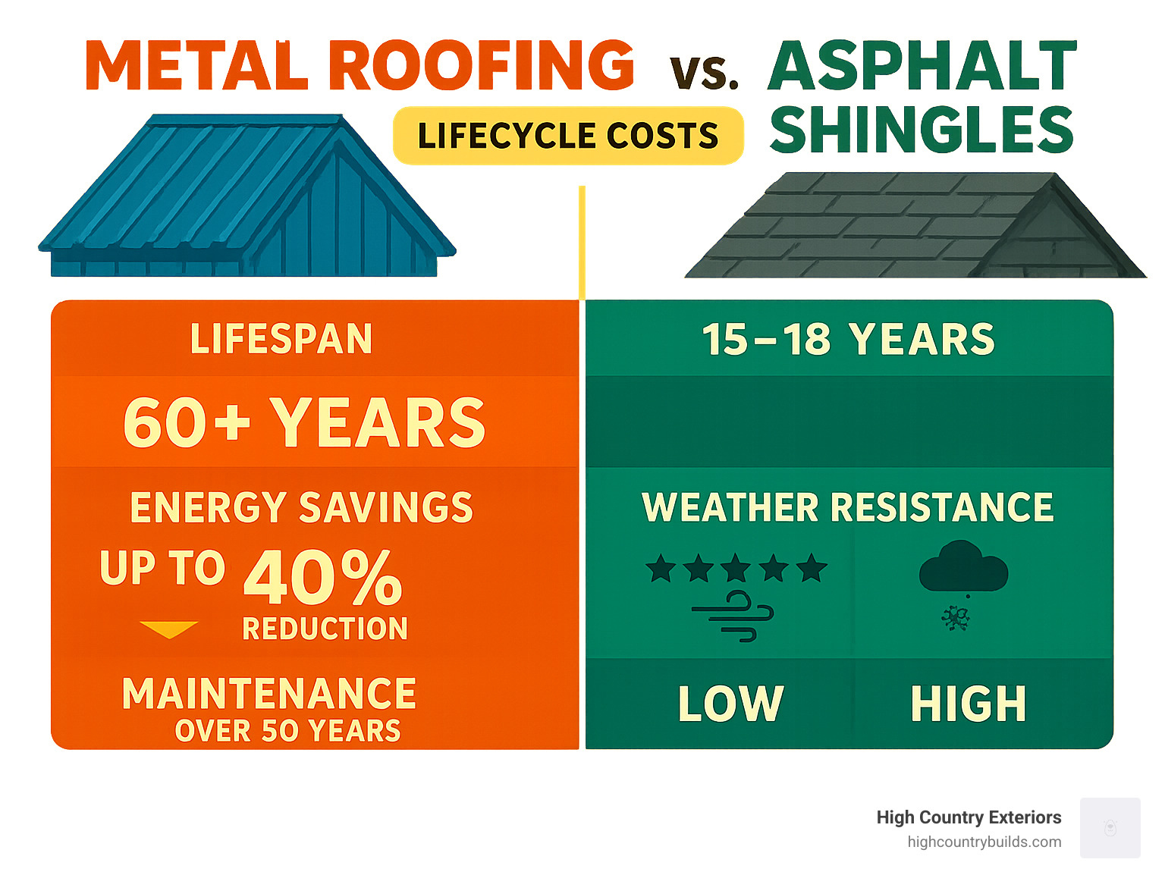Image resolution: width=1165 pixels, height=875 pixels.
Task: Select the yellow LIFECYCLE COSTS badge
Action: [x=568, y=136]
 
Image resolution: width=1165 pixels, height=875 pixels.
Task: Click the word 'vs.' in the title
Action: [x=704, y=74]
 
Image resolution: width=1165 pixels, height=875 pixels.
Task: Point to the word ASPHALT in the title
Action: [x=922, y=66]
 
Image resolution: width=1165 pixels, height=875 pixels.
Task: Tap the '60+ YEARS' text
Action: [x=303, y=422]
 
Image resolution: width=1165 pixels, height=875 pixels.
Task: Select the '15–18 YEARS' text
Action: [x=848, y=339]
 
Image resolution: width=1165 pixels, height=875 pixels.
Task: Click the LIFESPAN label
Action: [x=281, y=338]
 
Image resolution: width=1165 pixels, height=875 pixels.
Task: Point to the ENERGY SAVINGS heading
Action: [x=301, y=507]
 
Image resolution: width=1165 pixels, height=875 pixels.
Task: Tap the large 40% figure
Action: [x=323, y=578]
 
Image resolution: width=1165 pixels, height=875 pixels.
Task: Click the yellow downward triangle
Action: [x=168, y=629]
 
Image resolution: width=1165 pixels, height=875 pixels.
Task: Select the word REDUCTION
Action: [x=325, y=629]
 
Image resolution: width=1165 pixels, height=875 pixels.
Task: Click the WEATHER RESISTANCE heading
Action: [x=847, y=507]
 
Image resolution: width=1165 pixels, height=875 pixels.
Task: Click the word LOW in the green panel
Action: [x=730, y=704]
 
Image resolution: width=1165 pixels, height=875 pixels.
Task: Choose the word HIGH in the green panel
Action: [x=969, y=704]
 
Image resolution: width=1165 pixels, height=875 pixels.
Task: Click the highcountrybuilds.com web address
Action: [x=984, y=842]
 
